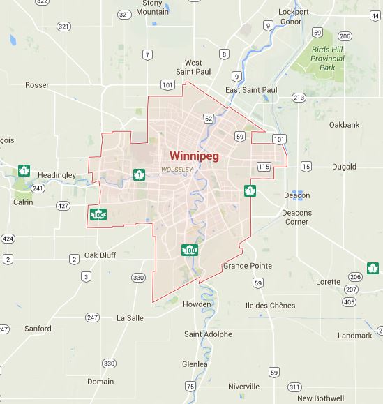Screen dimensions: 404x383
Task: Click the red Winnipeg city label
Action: click(x=193, y=155)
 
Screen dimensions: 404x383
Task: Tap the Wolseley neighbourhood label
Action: click(x=177, y=170)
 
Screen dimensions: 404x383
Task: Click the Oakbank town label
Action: click(x=344, y=125)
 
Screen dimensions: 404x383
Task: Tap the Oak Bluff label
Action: click(x=100, y=255)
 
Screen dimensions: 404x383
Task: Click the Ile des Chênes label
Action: click(x=271, y=306)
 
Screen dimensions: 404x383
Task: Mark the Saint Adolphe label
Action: click(x=209, y=334)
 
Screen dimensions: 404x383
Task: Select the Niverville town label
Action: click(x=243, y=386)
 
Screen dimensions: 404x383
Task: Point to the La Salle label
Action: click(x=130, y=317)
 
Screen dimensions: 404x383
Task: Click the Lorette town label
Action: click(x=329, y=282)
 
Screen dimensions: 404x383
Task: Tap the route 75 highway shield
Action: click(x=190, y=387)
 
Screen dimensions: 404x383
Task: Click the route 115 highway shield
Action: click(x=263, y=166)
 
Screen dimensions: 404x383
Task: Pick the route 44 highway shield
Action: click(x=376, y=15)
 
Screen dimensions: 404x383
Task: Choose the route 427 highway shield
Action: click(x=63, y=206)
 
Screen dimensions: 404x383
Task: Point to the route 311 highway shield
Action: click(x=294, y=387)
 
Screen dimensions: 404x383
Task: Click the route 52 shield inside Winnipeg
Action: click(x=207, y=119)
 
